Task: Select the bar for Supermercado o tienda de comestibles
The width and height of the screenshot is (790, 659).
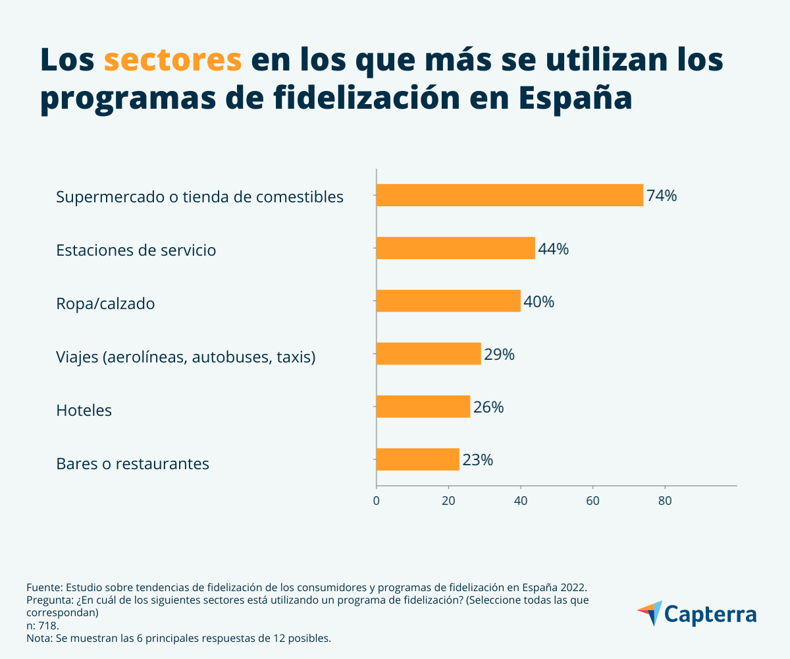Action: point(510,195)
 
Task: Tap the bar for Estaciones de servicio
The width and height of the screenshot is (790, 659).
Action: point(456,248)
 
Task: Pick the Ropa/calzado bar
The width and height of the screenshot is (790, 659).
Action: point(448,301)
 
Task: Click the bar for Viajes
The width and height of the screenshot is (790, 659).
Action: point(429,354)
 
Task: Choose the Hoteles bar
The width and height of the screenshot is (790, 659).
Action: point(423,407)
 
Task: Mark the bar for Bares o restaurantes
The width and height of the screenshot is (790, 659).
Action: point(418,459)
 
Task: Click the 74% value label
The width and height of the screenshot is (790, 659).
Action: point(662,196)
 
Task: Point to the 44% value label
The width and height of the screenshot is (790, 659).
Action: point(553,249)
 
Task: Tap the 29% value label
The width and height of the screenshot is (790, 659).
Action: point(499,355)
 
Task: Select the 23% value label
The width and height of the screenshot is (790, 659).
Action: point(477,460)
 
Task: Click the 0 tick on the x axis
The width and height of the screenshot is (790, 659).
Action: point(377,500)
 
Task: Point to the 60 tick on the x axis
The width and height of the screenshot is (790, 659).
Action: point(592,500)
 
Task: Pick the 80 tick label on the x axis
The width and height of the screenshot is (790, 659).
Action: point(665,500)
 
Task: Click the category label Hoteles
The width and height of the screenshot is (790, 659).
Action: point(84,411)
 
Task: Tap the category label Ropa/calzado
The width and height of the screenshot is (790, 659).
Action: point(105,304)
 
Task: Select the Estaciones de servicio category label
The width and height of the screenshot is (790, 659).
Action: point(136,250)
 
